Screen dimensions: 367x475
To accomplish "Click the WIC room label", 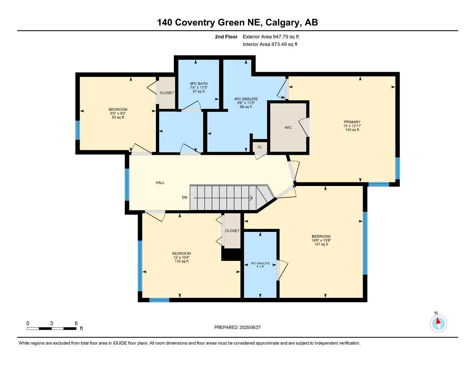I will click(288, 128).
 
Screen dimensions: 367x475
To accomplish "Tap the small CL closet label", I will click(260, 147).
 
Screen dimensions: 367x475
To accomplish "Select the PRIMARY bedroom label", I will click(352, 122).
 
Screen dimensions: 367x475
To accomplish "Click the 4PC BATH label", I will click(199, 84).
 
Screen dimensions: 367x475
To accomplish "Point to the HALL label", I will click(160, 183).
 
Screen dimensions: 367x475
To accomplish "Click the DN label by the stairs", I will click(185, 197).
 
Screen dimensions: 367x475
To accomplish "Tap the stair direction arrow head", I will click(251, 197).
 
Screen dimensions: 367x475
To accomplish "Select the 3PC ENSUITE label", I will click(260, 263).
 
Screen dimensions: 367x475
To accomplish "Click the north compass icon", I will click(438, 323).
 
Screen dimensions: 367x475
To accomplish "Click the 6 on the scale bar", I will click(76, 323).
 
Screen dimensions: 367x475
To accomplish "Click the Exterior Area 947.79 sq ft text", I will click(271, 37).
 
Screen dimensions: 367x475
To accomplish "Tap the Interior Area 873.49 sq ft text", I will click(270, 44).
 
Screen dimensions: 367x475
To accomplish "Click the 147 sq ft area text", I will click(321, 244).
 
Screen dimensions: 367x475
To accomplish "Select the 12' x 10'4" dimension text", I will click(181, 257).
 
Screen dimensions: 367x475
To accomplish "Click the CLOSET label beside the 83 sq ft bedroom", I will click(167, 93).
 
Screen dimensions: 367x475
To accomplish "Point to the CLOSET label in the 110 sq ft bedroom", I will click(232, 231).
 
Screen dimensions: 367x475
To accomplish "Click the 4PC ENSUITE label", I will click(246, 99).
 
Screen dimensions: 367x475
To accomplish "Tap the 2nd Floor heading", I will click(226, 37).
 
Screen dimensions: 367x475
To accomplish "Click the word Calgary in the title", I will click(283, 23).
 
